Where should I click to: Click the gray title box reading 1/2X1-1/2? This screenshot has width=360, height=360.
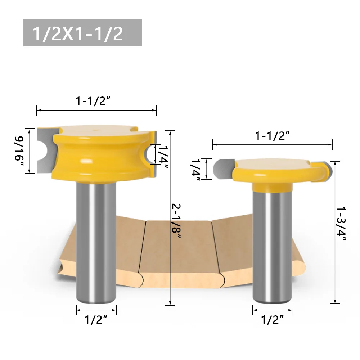(x=82, y=33)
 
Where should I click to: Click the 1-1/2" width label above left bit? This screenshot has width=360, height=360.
(x=93, y=102)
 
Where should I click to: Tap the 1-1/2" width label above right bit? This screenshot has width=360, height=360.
(x=272, y=136)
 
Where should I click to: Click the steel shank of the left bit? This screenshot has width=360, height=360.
(x=96, y=245)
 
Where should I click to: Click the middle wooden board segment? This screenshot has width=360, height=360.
(x=179, y=248)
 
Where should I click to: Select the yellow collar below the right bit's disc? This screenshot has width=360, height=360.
(x=272, y=188)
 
